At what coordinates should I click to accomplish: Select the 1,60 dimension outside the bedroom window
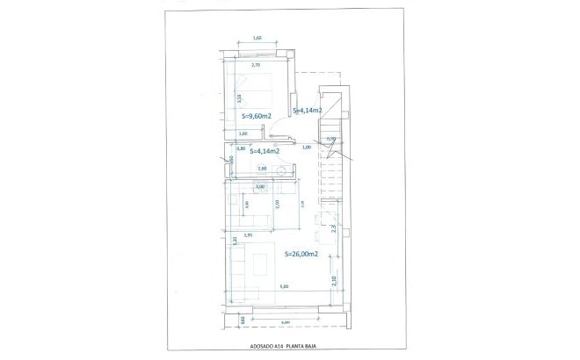click(x=257, y=38)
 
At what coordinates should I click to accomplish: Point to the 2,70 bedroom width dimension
click(x=257, y=65)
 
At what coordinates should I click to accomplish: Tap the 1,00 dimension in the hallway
click(x=307, y=148)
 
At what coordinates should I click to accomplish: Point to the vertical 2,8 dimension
click(x=334, y=227)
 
